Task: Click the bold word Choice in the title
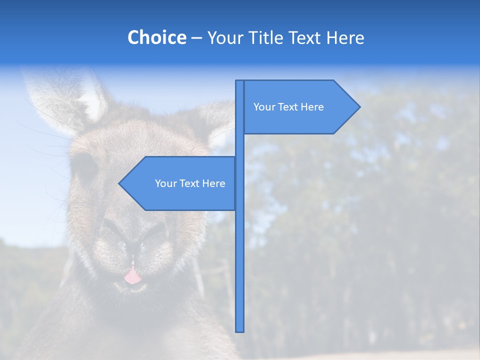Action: pos(156,37)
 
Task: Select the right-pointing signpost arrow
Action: pos(300,107)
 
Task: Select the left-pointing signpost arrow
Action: pos(180,183)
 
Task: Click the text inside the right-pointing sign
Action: pos(288,107)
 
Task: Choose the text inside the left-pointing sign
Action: pos(190,183)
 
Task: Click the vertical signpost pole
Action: pos(240,250)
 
